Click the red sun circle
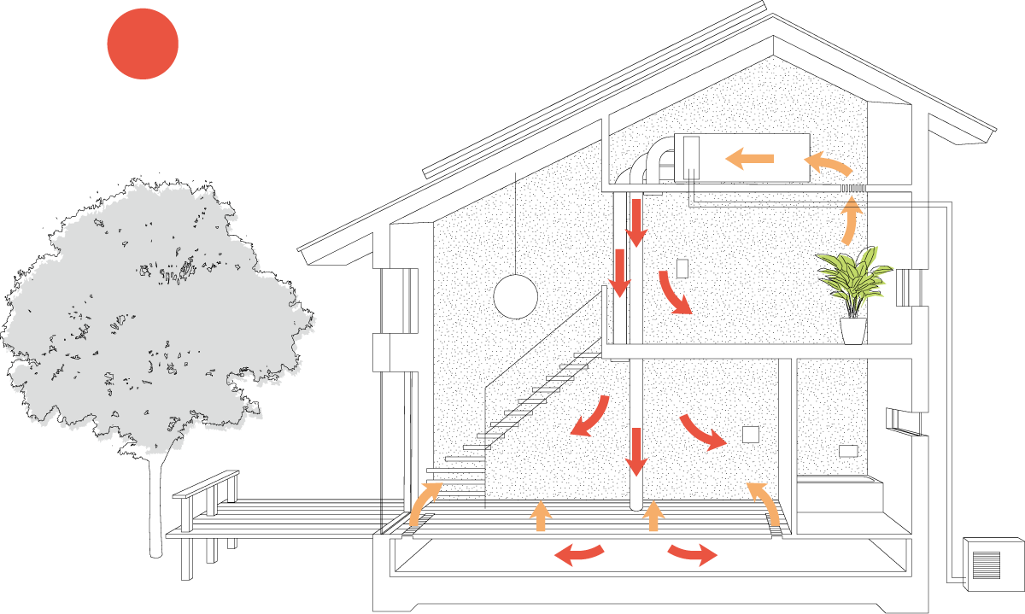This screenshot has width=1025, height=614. (143, 44)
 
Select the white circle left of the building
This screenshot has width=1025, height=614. (515, 297)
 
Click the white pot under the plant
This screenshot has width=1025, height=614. (852, 330)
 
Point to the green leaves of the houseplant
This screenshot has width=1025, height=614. (852, 278)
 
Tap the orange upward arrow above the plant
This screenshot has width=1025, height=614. (850, 219)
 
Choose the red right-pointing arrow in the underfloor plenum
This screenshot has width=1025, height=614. (693, 553)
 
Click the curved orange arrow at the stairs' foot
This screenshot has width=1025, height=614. (424, 503)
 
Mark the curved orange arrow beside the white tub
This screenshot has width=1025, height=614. (764, 502)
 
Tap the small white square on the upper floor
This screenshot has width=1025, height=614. (682, 268)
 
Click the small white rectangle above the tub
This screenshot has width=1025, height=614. (848, 451)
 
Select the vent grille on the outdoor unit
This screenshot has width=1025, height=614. (986, 564)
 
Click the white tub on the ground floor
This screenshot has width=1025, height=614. (839, 495)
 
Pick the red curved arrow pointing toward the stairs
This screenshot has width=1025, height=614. (590, 417)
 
